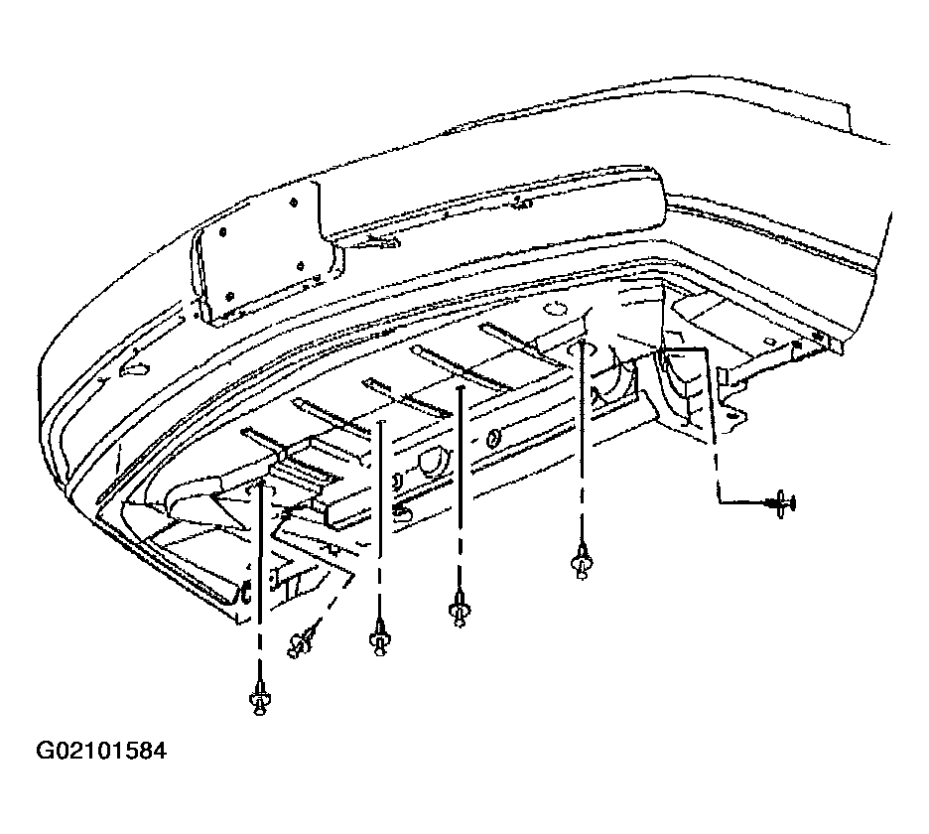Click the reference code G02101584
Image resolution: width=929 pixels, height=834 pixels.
101,751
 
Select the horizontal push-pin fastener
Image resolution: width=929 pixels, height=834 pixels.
781,503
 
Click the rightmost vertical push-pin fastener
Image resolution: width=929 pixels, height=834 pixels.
582,561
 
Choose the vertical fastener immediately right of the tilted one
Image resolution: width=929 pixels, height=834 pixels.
380,637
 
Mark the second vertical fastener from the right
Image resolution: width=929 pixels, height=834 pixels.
461,609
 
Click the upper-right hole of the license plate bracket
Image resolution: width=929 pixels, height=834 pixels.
294,204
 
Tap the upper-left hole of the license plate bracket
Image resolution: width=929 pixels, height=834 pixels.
223,232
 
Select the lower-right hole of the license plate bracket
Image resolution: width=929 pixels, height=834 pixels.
301,265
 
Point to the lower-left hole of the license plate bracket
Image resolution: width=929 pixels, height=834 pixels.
230,295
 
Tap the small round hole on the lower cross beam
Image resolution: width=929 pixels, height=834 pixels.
493,439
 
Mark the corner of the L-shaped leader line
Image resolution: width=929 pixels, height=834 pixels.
719,502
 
